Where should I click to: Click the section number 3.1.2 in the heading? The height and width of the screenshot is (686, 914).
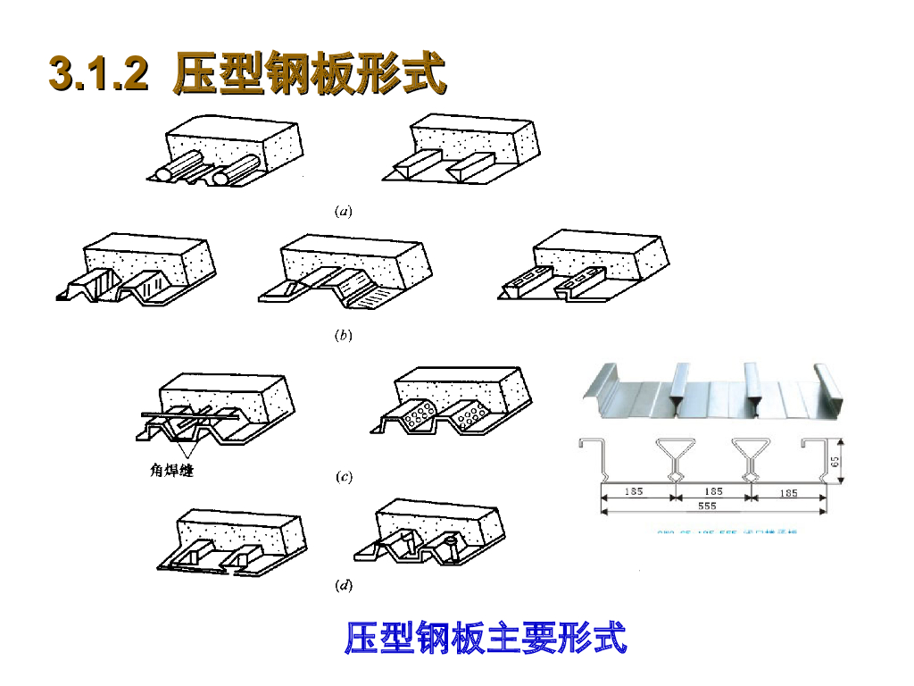(x=98, y=74)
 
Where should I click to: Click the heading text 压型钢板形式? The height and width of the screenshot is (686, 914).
(x=309, y=74)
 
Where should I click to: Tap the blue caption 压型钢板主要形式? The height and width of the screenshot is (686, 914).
(x=486, y=638)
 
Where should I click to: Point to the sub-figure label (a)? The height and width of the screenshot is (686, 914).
(x=343, y=212)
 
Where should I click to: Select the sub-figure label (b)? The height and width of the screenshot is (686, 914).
(x=343, y=337)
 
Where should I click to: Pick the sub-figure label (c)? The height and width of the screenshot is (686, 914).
(x=343, y=477)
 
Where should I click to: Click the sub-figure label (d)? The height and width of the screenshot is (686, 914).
(x=343, y=586)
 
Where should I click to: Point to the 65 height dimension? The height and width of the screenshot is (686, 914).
(x=835, y=462)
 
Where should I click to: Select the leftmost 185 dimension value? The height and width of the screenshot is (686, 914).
(x=635, y=491)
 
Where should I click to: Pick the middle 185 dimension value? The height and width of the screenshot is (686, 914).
(x=712, y=491)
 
